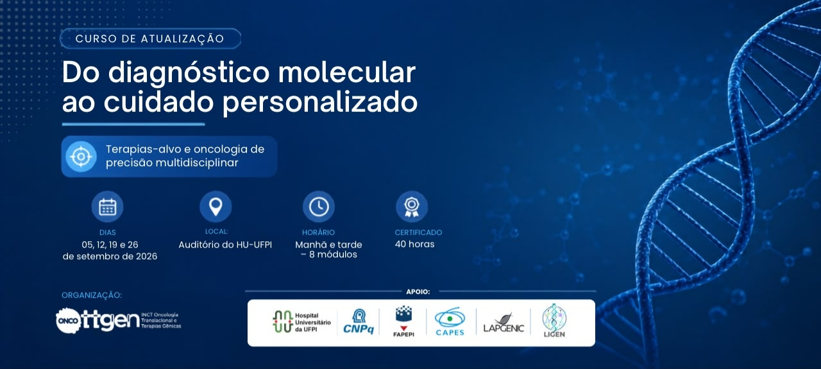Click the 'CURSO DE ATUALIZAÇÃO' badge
[150, 39]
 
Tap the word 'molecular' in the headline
[347, 73]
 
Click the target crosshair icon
[81, 157]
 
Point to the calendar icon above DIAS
[107, 207]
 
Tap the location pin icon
[216, 207]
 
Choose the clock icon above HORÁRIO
[319, 207]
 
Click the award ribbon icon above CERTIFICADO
[412, 207]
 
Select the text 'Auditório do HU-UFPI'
[225, 245]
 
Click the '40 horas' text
[414, 245]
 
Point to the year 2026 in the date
[146, 257]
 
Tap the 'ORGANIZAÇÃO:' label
[92, 295]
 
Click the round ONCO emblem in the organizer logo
[69, 321]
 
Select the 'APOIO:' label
[418, 291]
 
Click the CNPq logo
[359, 322]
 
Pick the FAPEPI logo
[403, 322]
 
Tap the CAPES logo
[450, 322]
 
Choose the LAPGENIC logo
[504, 323]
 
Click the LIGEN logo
[554, 320]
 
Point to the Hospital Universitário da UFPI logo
[301, 322]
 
